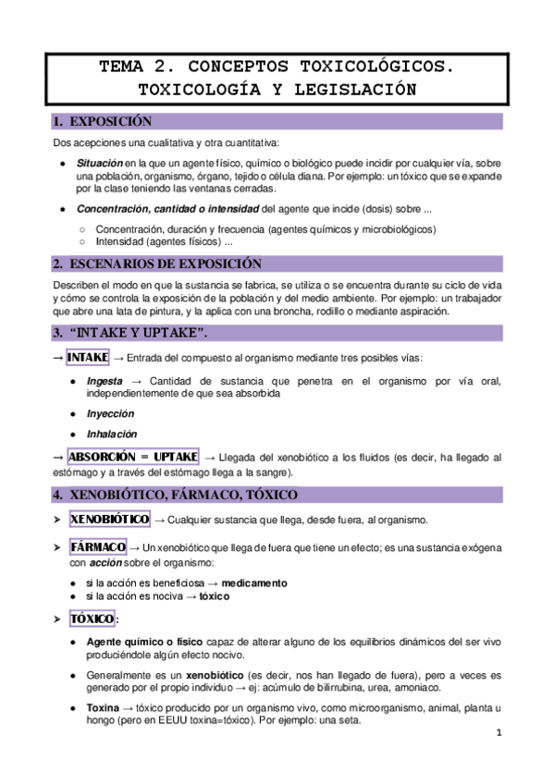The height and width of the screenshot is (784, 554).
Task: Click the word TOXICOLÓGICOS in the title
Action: pyautogui.click(x=375, y=67)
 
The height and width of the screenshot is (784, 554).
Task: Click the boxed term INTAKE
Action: pyautogui.click(x=88, y=357)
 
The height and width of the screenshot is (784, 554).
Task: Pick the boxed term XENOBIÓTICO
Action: pyautogui.click(x=110, y=520)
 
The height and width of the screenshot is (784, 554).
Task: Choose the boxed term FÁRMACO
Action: pyautogui.click(x=97, y=546)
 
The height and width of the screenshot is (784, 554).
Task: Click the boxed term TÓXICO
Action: pyautogui.click(x=92, y=618)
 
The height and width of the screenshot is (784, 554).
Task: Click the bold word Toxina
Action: pyautogui.click(x=103, y=707)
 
